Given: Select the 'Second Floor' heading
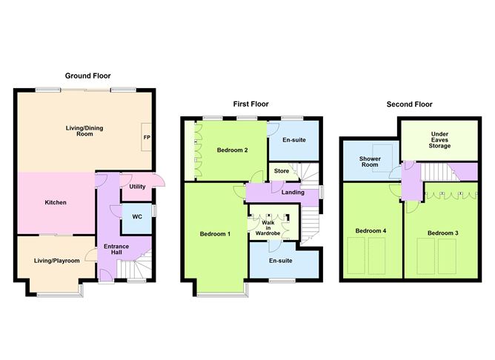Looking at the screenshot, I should (409, 104).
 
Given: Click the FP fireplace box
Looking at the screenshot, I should (147, 137).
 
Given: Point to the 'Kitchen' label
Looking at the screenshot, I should (56, 202).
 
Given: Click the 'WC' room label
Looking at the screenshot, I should (137, 217).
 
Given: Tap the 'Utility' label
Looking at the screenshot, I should (138, 187).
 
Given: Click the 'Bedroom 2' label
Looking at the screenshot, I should (232, 150).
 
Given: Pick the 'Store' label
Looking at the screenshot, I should (282, 172).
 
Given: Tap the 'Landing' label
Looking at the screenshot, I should (293, 193).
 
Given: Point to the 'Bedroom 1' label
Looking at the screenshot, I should (215, 234).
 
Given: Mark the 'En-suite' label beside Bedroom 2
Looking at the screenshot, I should (294, 139).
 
